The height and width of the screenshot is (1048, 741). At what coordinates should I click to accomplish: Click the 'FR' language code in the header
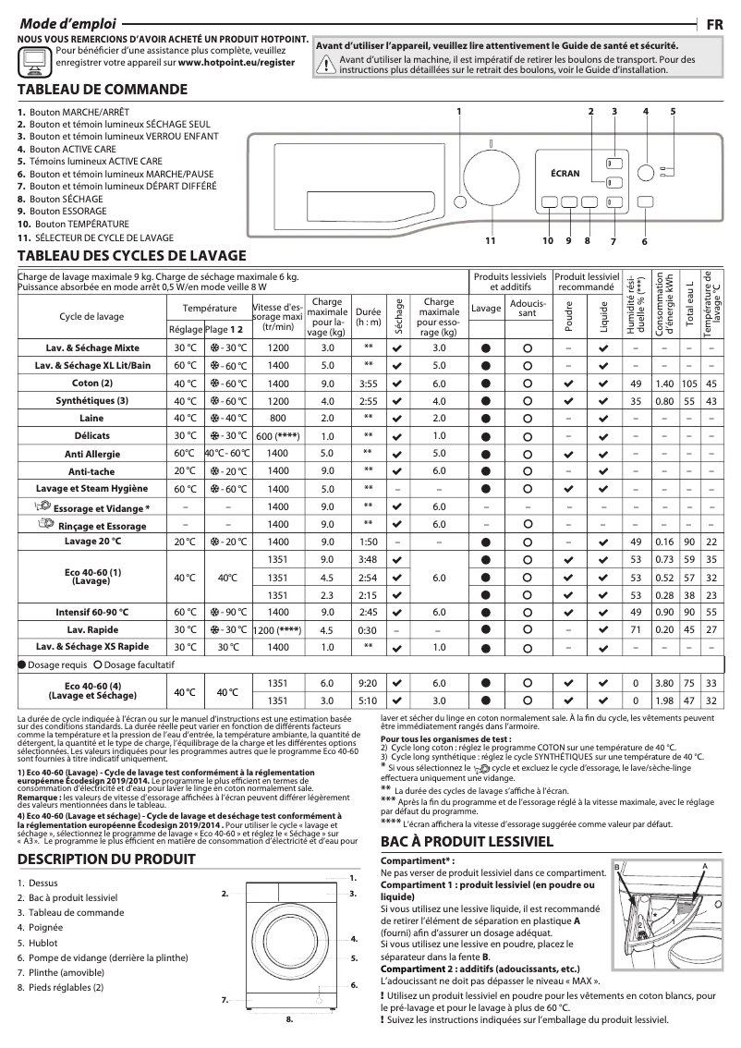[714, 22]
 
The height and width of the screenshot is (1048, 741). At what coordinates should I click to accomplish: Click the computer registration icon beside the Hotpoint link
[34, 60]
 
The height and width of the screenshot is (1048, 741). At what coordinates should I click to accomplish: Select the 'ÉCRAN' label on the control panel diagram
[565, 173]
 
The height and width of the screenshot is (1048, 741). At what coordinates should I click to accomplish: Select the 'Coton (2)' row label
[91, 383]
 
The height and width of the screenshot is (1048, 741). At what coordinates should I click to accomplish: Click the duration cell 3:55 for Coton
[368, 383]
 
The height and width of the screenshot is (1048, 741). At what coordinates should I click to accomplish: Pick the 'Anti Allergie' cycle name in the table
[91, 453]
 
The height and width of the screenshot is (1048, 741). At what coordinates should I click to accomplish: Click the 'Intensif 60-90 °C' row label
[91, 612]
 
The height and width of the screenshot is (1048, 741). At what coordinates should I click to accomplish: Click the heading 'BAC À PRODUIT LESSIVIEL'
[467, 841]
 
